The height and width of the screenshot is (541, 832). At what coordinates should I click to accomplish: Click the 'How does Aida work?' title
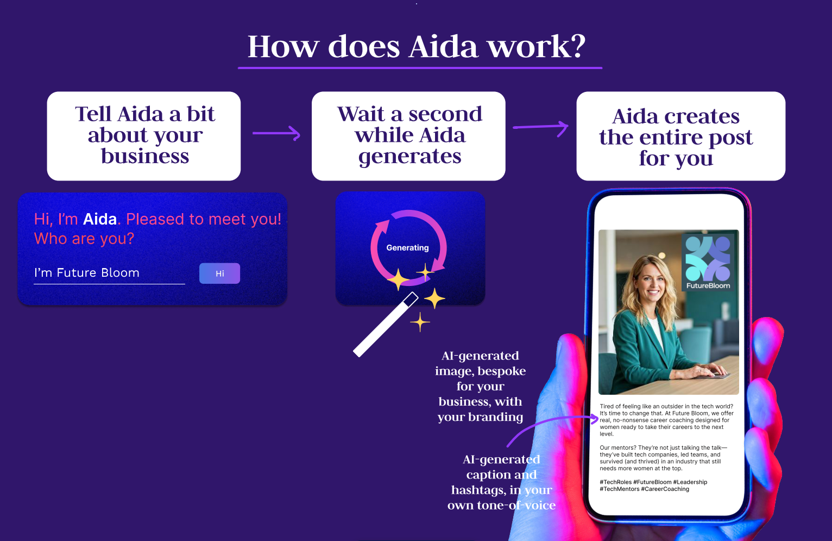click(x=417, y=47)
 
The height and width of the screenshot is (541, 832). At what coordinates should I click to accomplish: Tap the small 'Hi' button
click(x=219, y=273)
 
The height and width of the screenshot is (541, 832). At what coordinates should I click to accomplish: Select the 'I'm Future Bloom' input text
click(x=86, y=272)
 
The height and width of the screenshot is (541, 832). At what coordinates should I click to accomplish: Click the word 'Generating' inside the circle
click(x=407, y=247)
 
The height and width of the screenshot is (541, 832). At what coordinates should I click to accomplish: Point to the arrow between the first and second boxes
click(x=276, y=133)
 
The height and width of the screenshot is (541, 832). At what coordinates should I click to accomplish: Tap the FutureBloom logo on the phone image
click(x=708, y=263)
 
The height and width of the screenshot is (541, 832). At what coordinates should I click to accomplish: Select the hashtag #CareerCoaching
click(x=665, y=489)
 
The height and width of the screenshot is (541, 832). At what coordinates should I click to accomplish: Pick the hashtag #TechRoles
click(x=615, y=482)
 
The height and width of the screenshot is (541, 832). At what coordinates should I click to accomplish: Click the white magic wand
click(x=386, y=325)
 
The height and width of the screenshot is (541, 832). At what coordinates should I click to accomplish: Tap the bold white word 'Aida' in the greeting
click(x=99, y=219)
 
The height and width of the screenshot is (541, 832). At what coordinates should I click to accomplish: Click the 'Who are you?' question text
click(x=84, y=238)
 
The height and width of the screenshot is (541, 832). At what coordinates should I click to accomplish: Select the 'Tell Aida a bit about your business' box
click(x=144, y=136)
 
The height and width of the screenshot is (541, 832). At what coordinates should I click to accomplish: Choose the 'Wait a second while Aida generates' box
click(x=408, y=136)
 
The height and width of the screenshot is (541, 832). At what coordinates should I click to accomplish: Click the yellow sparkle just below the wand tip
click(x=420, y=322)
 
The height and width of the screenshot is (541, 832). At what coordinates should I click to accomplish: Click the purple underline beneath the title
click(x=420, y=68)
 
